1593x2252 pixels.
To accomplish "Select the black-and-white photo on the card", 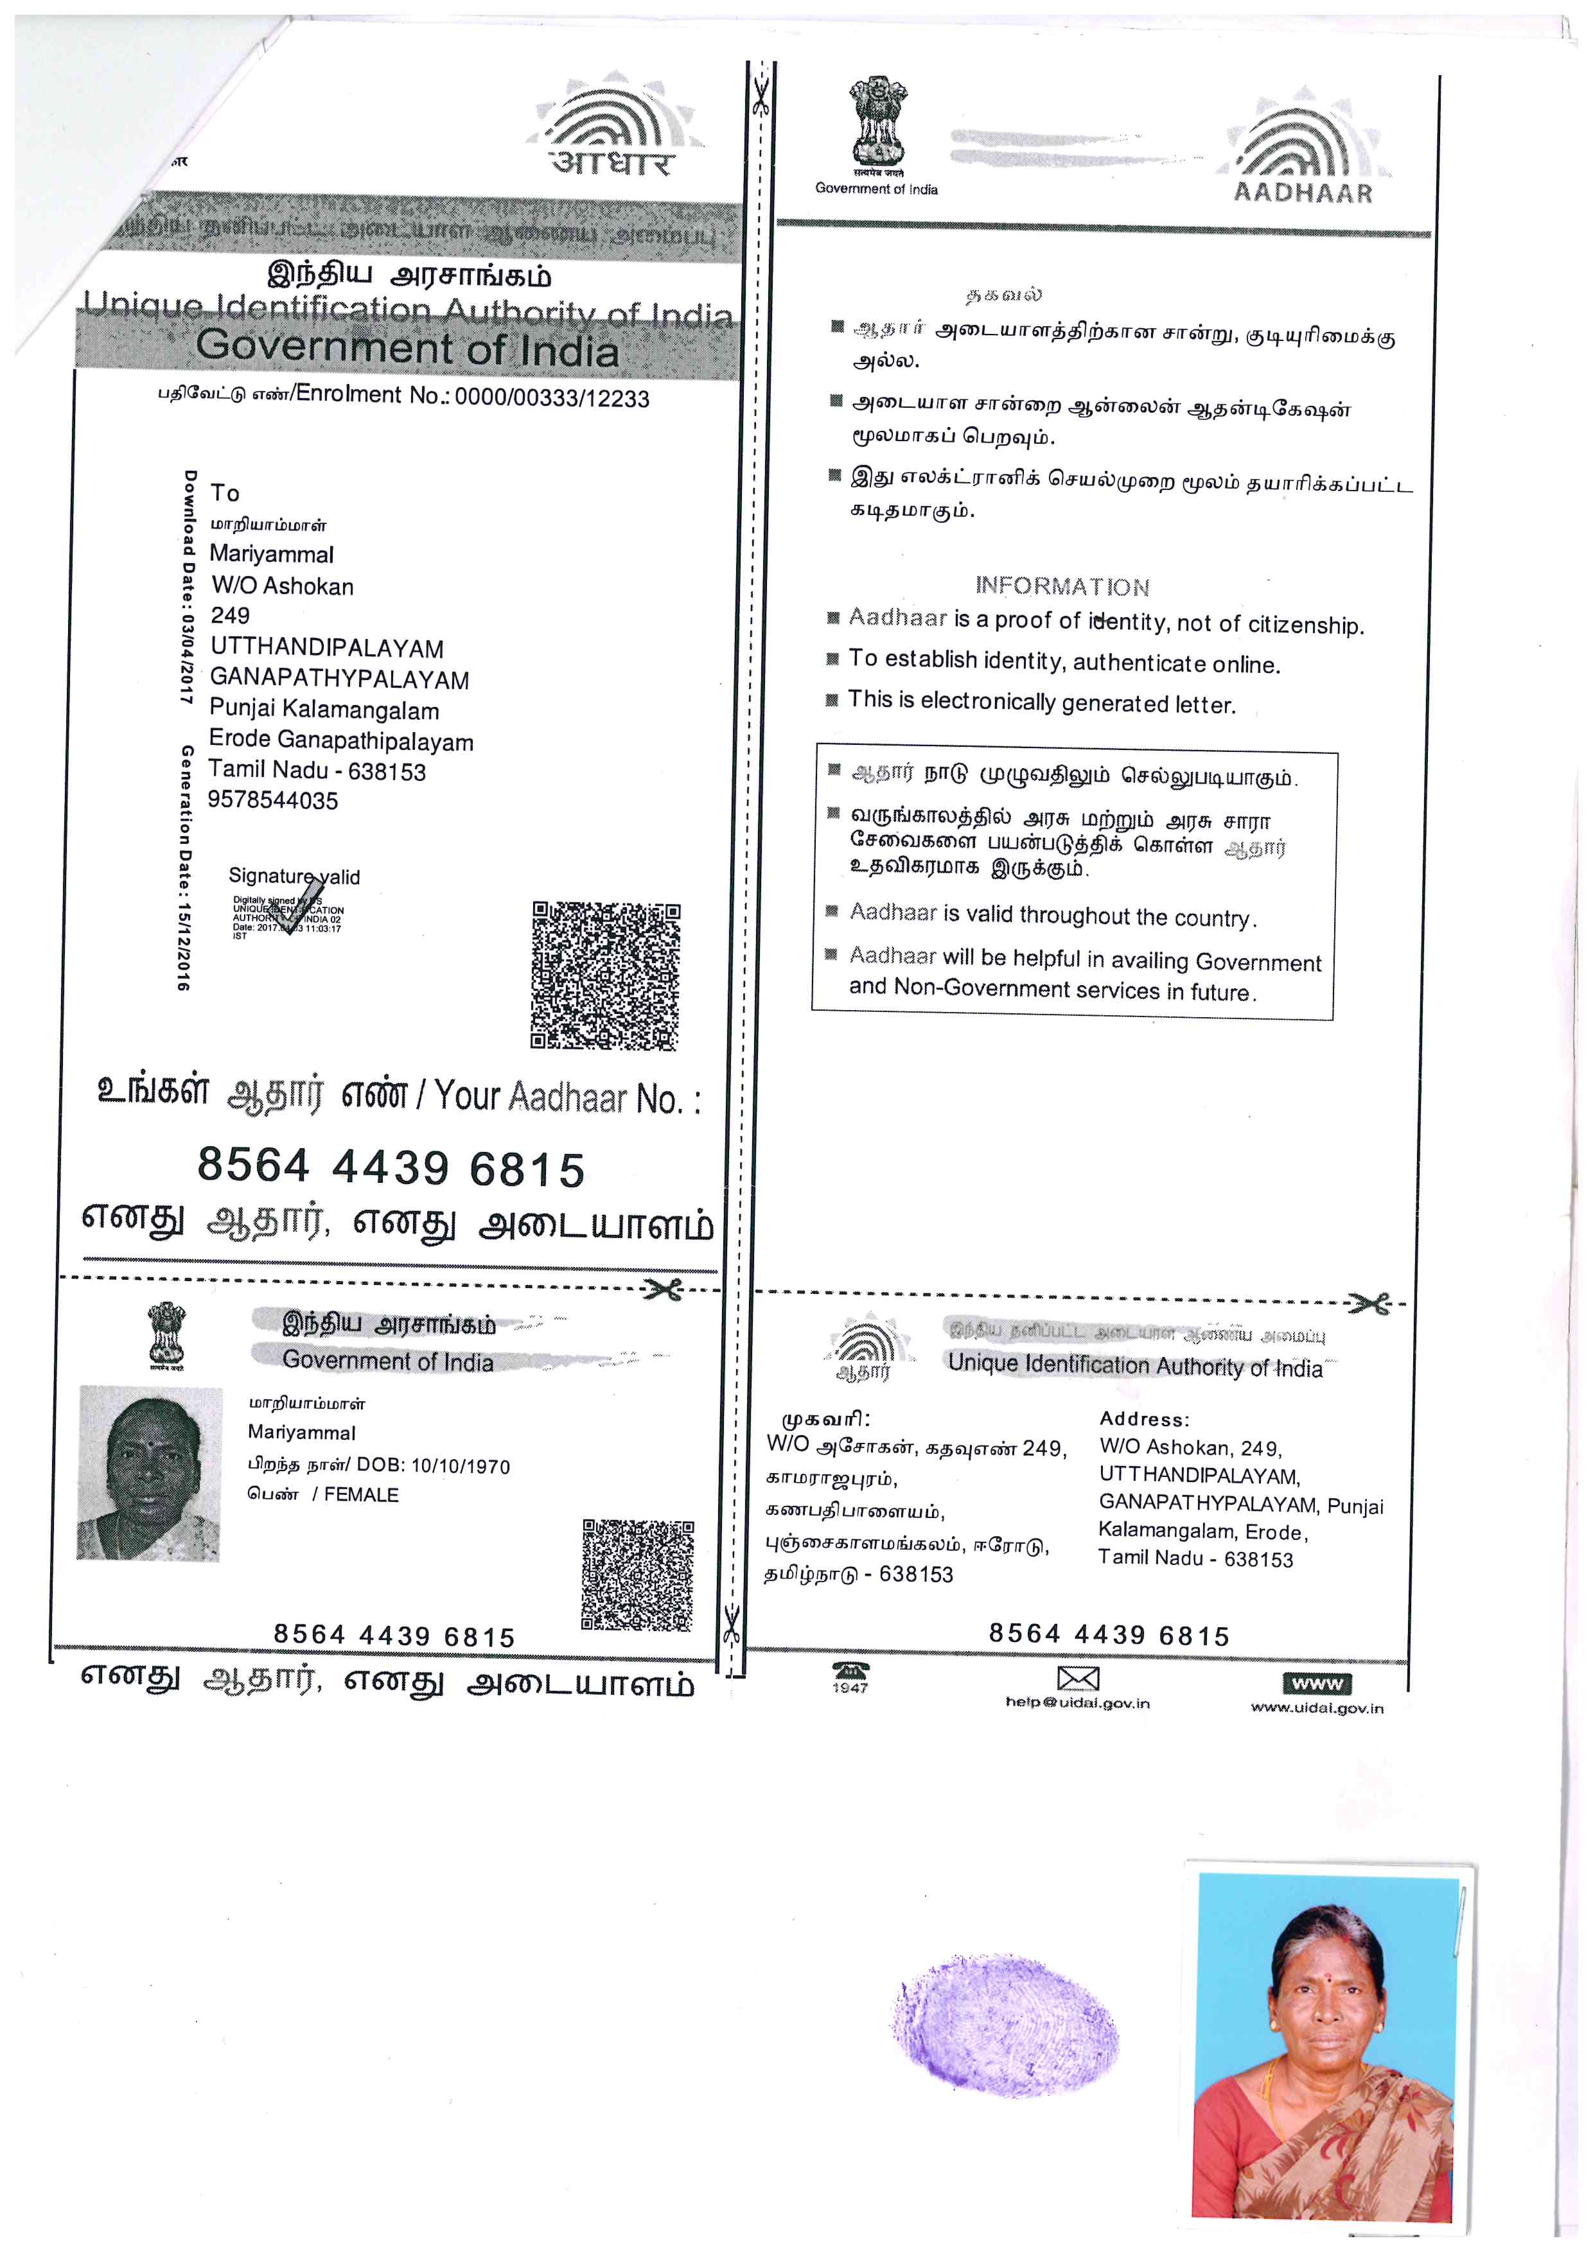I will point(149,1472).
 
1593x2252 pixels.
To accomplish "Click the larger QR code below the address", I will point(605,976).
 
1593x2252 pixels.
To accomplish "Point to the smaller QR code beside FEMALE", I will point(638,1575).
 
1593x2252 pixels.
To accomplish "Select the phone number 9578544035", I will point(273,800).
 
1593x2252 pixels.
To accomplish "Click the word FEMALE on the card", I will point(361,1495).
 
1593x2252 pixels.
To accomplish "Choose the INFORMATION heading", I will point(1062,586).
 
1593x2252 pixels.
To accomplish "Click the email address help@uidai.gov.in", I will point(1077,1704).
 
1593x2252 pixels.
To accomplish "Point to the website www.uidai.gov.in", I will point(1316,1707).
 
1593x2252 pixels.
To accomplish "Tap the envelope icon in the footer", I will point(1077,1678).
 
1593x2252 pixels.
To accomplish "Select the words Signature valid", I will point(294,876).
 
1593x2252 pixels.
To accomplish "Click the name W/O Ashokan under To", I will point(283,586).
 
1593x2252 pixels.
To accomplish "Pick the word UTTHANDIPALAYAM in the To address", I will point(327,649).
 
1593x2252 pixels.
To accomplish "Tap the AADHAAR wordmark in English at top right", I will point(1303,192).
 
